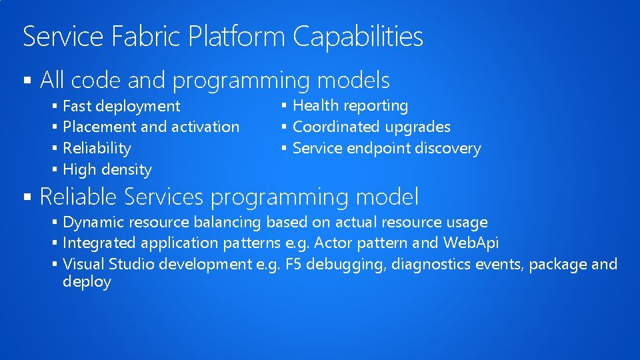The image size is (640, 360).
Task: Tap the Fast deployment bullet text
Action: click(x=121, y=106)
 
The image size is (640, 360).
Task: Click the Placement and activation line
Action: click(x=151, y=127)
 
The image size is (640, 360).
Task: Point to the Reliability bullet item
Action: click(x=97, y=148)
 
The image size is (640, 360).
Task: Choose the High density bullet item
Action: click(x=107, y=169)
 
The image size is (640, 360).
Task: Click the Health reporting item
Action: click(x=351, y=105)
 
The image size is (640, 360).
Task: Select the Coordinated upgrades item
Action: click(x=371, y=127)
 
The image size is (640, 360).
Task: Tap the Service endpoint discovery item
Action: click(x=387, y=148)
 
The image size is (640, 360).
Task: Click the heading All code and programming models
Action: click(x=215, y=81)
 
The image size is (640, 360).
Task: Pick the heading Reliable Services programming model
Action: click(x=229, y=197)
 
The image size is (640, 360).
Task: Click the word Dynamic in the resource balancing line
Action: click(x=93, y=222)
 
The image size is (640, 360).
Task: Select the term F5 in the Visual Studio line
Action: click(x=293, y=264)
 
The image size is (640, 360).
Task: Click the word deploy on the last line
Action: click(x=87, y=282)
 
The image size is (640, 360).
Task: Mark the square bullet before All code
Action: click(x=27, y=81)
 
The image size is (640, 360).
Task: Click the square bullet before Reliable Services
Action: click(x=27, y=197)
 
